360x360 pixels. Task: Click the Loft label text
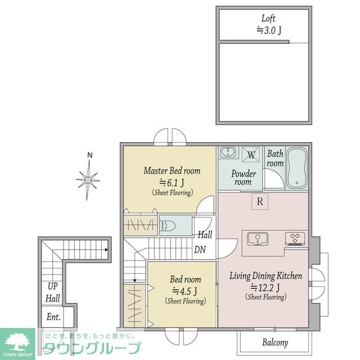point(268,19)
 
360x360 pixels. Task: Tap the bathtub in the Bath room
point(297,168)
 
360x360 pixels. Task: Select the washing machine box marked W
point(251,155)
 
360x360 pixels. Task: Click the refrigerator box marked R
point(260,201)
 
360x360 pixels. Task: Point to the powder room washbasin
point(228,152)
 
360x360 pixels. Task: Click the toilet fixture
point(168,226)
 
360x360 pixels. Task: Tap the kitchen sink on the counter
point(258,238)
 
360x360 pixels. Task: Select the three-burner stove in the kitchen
point(295,238)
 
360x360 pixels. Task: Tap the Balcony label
point(275,343)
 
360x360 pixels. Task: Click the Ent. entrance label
point(53,317)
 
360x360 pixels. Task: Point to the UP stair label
point(52,286)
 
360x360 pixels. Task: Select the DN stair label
point(200,250)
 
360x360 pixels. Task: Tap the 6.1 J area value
point(172,183)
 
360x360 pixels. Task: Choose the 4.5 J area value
point(184,291)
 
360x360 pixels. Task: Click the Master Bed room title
point(172,171)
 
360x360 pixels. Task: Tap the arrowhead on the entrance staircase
point(106,250)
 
